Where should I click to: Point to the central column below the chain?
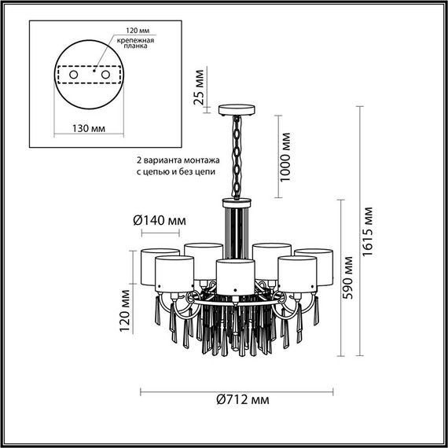(234, 228)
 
